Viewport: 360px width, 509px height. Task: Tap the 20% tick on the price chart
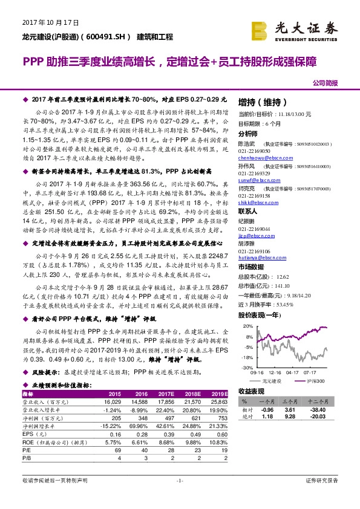(x=248, y=326)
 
